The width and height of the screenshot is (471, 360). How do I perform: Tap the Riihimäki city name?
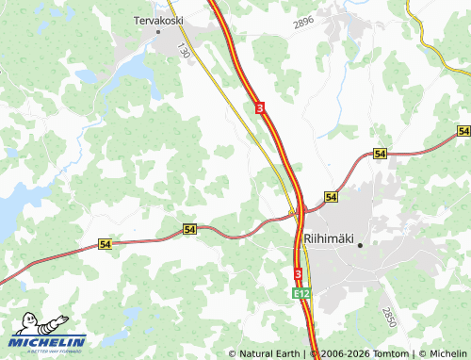tap(328, 239)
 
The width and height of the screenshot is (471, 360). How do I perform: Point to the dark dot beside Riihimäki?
tap(360, 244)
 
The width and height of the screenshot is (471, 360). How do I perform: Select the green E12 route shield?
tap(300, 294)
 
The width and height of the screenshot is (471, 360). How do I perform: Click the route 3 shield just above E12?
tap(298, 273)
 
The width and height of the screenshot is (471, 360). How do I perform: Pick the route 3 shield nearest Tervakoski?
tap(259, 109)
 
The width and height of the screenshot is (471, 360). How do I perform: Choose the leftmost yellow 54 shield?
tap(105, 244)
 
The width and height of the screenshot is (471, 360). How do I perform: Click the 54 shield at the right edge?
tap(463, 130)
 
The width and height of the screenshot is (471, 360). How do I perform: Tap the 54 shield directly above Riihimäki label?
tap(331, 196)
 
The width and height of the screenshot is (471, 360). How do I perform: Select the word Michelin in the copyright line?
tap(447, 353)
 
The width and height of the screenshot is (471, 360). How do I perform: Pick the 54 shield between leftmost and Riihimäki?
tap(190, 229)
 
